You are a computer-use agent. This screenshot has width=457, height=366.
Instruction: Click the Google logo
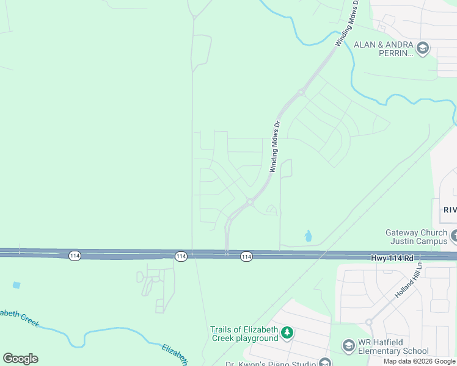pos(21,359)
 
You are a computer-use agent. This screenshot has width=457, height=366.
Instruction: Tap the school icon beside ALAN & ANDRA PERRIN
pos(422,47)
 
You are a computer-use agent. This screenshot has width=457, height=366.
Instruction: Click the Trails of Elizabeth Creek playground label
pos(244,334)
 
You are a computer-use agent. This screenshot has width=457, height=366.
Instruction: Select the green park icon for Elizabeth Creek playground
pos(287,333)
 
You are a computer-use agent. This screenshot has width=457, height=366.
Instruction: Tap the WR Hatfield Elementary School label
pos(394,346)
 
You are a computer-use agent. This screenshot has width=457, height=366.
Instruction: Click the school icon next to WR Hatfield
pos(348,346)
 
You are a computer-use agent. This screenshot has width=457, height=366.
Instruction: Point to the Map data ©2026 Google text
pos(419,361)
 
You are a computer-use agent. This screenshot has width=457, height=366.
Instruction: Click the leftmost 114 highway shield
pos(75,256)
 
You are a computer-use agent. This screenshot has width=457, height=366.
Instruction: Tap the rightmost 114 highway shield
pos(246,257)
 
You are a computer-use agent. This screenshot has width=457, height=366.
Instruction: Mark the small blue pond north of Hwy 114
pos(308,235)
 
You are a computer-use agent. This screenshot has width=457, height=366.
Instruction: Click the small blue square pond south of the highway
pos(16,285)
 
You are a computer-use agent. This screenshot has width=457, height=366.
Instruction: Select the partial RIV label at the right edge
pos(450,209)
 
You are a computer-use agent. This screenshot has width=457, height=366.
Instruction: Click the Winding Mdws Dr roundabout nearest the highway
pos(250,202)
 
